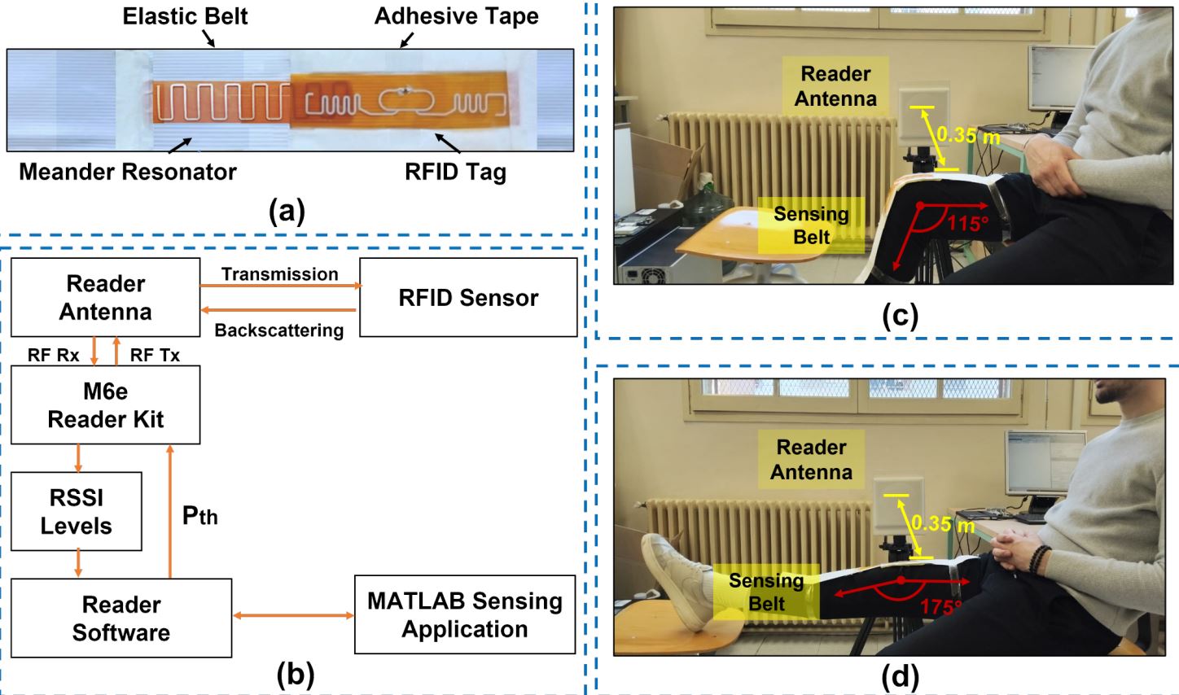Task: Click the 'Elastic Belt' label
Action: pyautogui.click(x=185, y=16)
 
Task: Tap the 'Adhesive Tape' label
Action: pyautogui.click(x=456, y=16)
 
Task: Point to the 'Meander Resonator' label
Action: pyautogui.click(x=128, y=172)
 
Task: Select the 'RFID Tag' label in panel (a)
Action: pyautogui.click(x=455, y=172)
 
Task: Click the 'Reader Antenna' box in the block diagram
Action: pyautogui.click(x=105, y=297)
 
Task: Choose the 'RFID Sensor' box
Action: pyautogui.click(x=468, y=298)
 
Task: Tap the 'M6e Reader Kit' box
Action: pyautogui.click(x=105, y=404)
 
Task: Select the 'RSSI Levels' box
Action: pyautogui.click(x=76, y=511)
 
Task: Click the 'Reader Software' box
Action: pyautogui.click(x=121, y=618)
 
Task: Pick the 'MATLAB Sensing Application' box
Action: pyautogui.click(x=464, y=614)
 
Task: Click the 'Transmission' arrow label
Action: pyautogui.click(x=279, y=274)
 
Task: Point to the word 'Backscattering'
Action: pyautogui.click(x=278, y=330)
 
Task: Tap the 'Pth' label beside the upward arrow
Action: pyautogui.click(x=199, y=515)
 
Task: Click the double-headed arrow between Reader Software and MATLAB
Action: pyautogui.click(x=293, y=616)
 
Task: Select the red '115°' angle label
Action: pyautogui.click(x=967, y=222)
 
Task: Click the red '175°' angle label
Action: pyautogui.click(x=940, y=606)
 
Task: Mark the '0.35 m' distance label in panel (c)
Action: pyautogui.click(x=967, y=134)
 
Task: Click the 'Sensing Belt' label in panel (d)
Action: pyautogui.click(x=765, y=592)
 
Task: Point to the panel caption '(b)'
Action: pyautogui.click(x=295, y=675)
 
